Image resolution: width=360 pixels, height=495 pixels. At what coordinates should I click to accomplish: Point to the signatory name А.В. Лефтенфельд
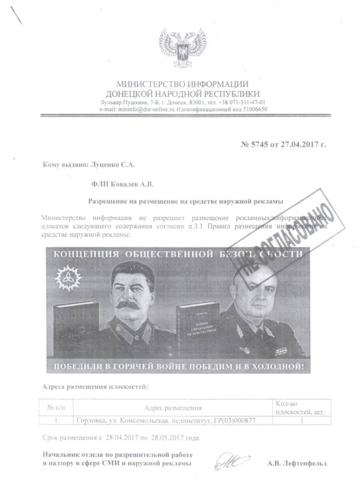point(297,463)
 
